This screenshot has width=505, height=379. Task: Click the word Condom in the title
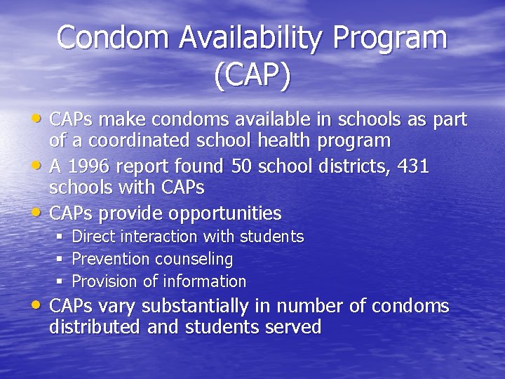(114, 37)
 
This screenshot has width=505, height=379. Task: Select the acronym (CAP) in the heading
(252, 76)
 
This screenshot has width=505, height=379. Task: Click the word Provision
(104, 281)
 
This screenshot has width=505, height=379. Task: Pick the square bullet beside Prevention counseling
(60, 259)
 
